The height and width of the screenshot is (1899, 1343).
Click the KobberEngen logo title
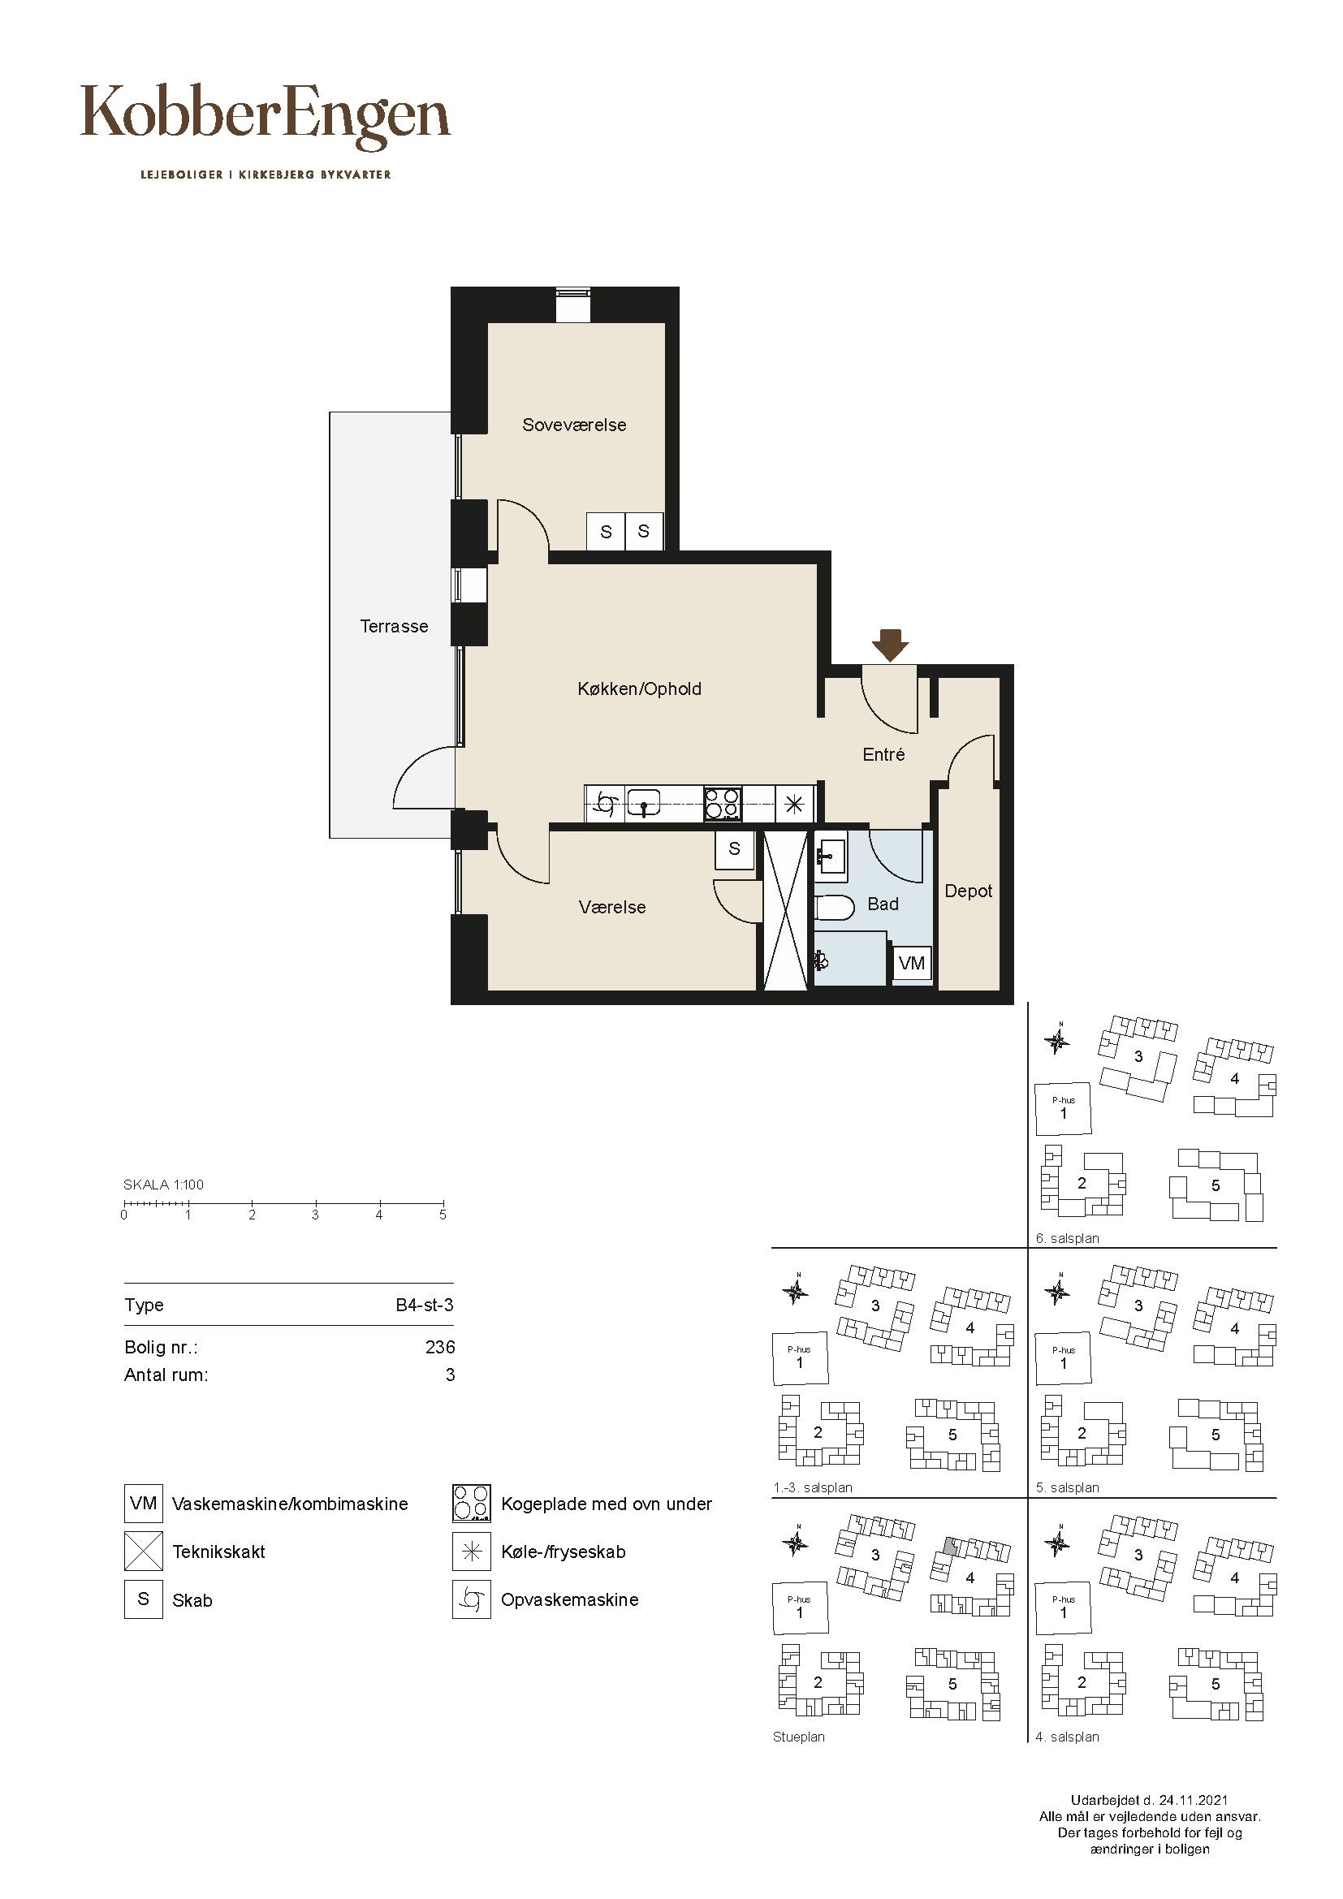coord(266,117)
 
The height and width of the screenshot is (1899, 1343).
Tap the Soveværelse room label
coord(574,425)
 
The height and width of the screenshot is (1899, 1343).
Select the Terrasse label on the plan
coord(394,626)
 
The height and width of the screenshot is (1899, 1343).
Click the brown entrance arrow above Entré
coord(890,645)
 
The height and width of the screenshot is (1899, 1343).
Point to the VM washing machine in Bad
coord(911,963)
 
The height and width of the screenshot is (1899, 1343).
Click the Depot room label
coord(969,891)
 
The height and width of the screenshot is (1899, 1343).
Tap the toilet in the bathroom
coord(834,908)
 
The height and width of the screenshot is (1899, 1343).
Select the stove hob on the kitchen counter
coord(723,803)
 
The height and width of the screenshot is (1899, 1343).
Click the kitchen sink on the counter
coord(642,803)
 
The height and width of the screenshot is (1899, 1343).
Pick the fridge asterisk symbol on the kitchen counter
coord(794,803)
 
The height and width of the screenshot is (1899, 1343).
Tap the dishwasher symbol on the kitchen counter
coord(605,803)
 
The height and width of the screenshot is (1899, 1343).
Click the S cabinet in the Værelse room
coord(734,849)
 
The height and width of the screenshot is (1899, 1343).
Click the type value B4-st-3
coord(424,1305)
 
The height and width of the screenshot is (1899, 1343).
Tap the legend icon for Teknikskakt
coord(143,1551)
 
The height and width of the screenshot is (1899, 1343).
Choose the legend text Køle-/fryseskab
coord(564,1552)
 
